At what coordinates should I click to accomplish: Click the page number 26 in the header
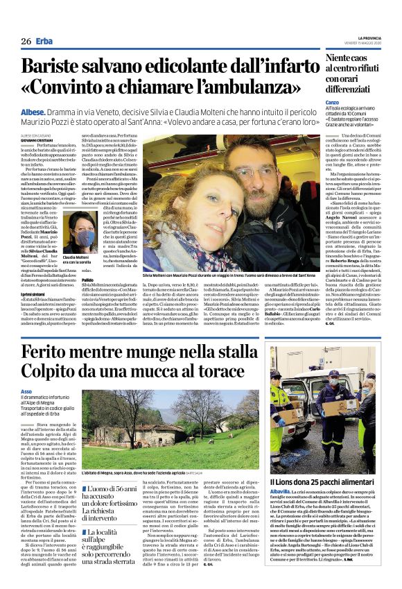tap(25, 42)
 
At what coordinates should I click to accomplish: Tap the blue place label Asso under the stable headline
tap(26, 392)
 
